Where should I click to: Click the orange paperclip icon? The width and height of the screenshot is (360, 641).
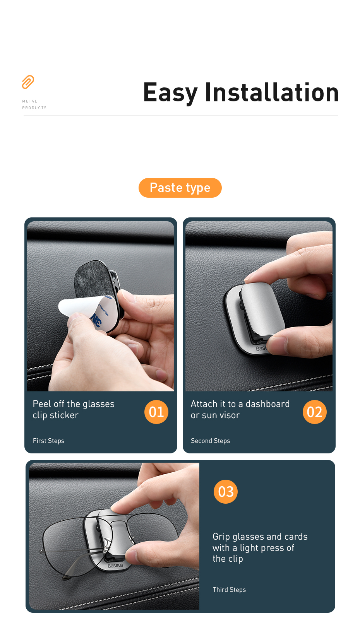[x=28, y=82]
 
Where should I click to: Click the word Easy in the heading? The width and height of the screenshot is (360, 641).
[x=170, y=93]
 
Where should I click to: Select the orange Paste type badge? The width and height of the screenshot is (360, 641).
[x=180, y=188]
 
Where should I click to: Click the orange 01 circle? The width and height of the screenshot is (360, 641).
[x=156, y=412]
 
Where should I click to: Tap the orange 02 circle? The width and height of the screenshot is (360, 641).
[x=314, y=412]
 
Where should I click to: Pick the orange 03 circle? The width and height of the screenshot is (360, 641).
[x=226, y=492]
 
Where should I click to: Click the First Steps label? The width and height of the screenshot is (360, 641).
[x=48, y=441]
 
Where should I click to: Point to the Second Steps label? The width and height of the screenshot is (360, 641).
[x=211, y=441]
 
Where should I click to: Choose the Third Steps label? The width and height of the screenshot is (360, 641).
[x=229, y=590]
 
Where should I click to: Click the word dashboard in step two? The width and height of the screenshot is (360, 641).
[x=268, y=404]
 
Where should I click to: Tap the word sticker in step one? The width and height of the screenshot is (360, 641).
[x=64, y=415]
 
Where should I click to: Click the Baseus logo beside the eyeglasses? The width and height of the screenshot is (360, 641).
[x=115, y=566]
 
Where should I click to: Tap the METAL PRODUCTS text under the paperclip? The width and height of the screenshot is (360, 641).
[x=34, y=104]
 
